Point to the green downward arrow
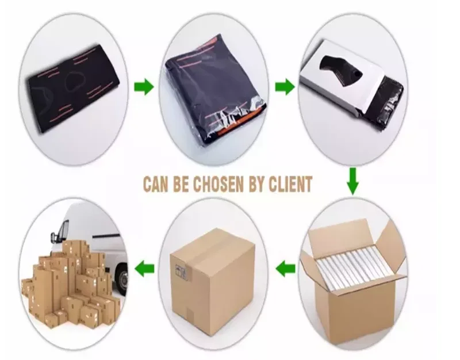pos(352,181)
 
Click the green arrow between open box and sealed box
pos(285,267)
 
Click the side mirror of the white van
pos(56,235)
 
